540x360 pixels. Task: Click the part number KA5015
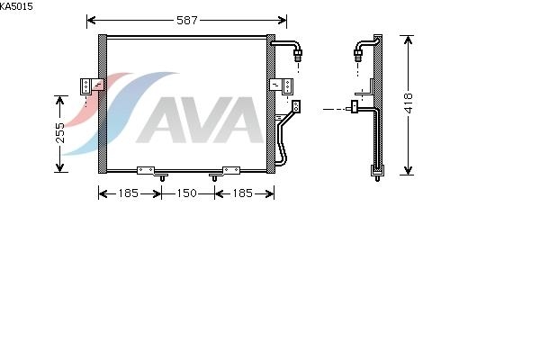(16, 6)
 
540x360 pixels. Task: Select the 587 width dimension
(187, 21)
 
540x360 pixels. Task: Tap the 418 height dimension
(408, 103)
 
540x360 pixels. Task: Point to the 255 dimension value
(60, 132)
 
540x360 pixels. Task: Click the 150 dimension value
(186, 193)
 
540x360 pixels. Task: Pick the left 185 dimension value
(128, 193)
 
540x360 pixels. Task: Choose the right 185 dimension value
(242, 193)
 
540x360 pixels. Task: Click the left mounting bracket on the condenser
(92, 86)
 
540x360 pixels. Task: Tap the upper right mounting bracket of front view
(281, 86)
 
